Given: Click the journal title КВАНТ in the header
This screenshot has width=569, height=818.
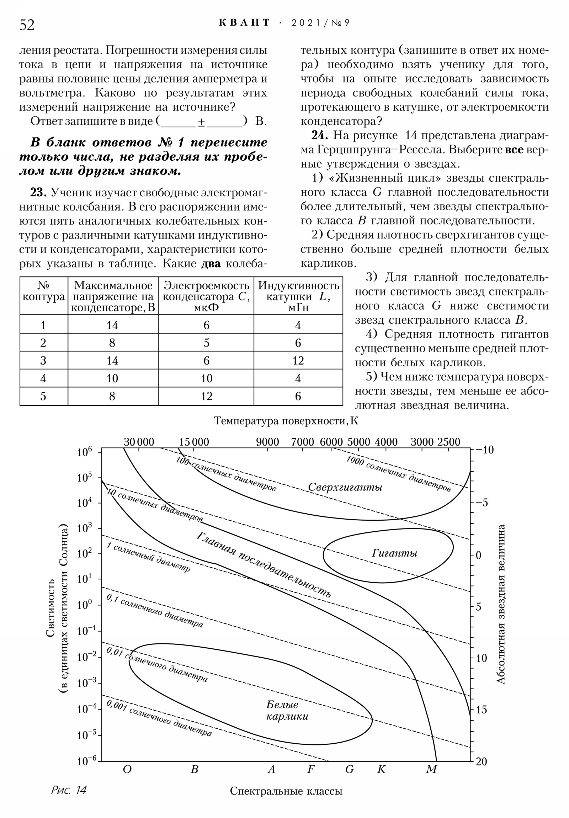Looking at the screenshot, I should pyautogui.click(x=244, y=23).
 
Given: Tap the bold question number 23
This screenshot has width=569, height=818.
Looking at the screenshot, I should pyautogui.click(x=38, y=193).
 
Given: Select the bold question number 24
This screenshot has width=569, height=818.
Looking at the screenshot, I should pyautogui.click(x=320, y=136).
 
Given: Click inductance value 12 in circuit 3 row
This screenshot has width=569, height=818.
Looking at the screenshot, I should pyautogui.click(x=298, y=361).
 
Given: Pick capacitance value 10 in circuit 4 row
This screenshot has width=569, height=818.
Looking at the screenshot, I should pyautogui.click(x=206, y=378).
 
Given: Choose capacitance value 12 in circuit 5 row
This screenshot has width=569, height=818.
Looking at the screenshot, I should pyautogui.click(x=206, y=396).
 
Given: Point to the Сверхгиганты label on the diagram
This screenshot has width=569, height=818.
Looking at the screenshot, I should pyautogui.click(x=345, y=487).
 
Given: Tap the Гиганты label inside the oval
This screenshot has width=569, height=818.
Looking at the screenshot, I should pyautogui.click(x=394, y=553).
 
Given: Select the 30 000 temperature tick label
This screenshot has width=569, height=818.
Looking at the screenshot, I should pyautogui.click(x=139, y=442).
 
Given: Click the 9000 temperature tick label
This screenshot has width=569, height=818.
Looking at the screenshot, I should pyautogui.click(x=267, y=442).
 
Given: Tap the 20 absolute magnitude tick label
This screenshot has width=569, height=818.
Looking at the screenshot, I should pyautogui.click(x=481, y=762).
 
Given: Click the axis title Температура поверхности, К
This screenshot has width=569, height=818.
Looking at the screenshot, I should pyautogui.click(x=286, y=421).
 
